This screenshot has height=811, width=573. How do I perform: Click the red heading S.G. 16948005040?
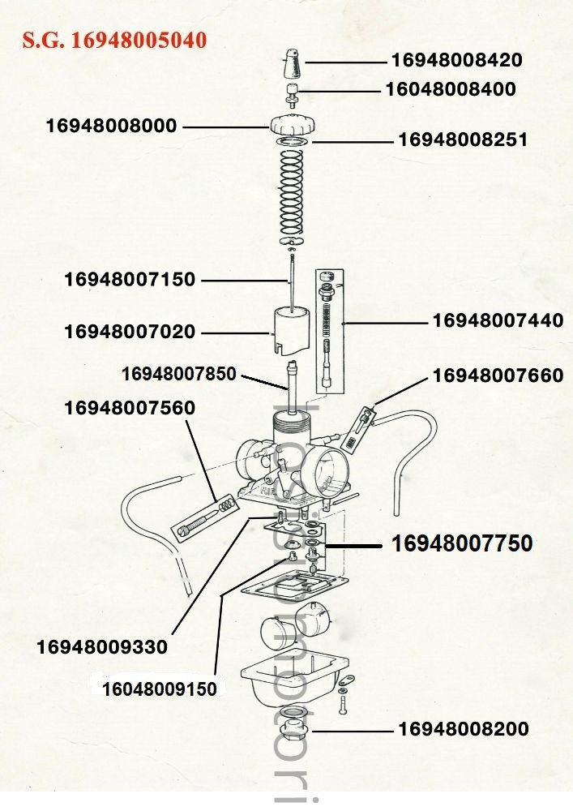114,41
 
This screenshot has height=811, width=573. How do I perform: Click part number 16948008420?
456,60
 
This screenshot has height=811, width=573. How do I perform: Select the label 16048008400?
450,89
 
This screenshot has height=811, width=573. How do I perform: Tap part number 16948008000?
111,127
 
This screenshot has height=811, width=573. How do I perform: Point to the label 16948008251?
463,140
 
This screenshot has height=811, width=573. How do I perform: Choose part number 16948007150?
130,280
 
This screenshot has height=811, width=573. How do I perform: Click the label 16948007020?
130,332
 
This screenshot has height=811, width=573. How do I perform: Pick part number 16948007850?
178,374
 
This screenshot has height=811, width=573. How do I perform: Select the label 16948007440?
498,321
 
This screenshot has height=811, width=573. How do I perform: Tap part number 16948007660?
498,375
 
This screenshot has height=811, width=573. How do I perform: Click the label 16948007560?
130,408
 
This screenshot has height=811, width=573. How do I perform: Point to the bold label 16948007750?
462,543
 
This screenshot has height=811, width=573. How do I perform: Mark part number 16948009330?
102,647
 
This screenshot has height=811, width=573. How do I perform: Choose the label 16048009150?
159,689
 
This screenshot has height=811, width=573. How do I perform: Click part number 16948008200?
463,729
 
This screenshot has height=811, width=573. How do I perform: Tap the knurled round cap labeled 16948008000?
291,126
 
